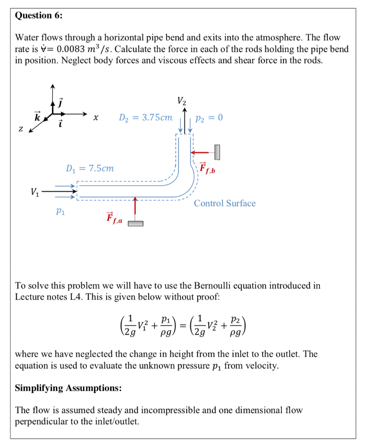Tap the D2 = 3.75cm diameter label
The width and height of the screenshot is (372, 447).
coord(146,118)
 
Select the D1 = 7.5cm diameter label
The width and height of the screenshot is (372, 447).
coord(90,168)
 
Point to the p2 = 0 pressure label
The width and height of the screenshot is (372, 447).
coord(209,118)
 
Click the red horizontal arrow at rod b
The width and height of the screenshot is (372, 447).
coord(202,152)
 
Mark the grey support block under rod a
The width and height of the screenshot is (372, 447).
coord(136,223)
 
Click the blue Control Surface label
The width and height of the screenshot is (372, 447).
coord(225,203)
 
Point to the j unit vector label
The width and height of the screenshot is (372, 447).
coord(61,104)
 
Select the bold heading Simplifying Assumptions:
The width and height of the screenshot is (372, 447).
coord(68,388)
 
